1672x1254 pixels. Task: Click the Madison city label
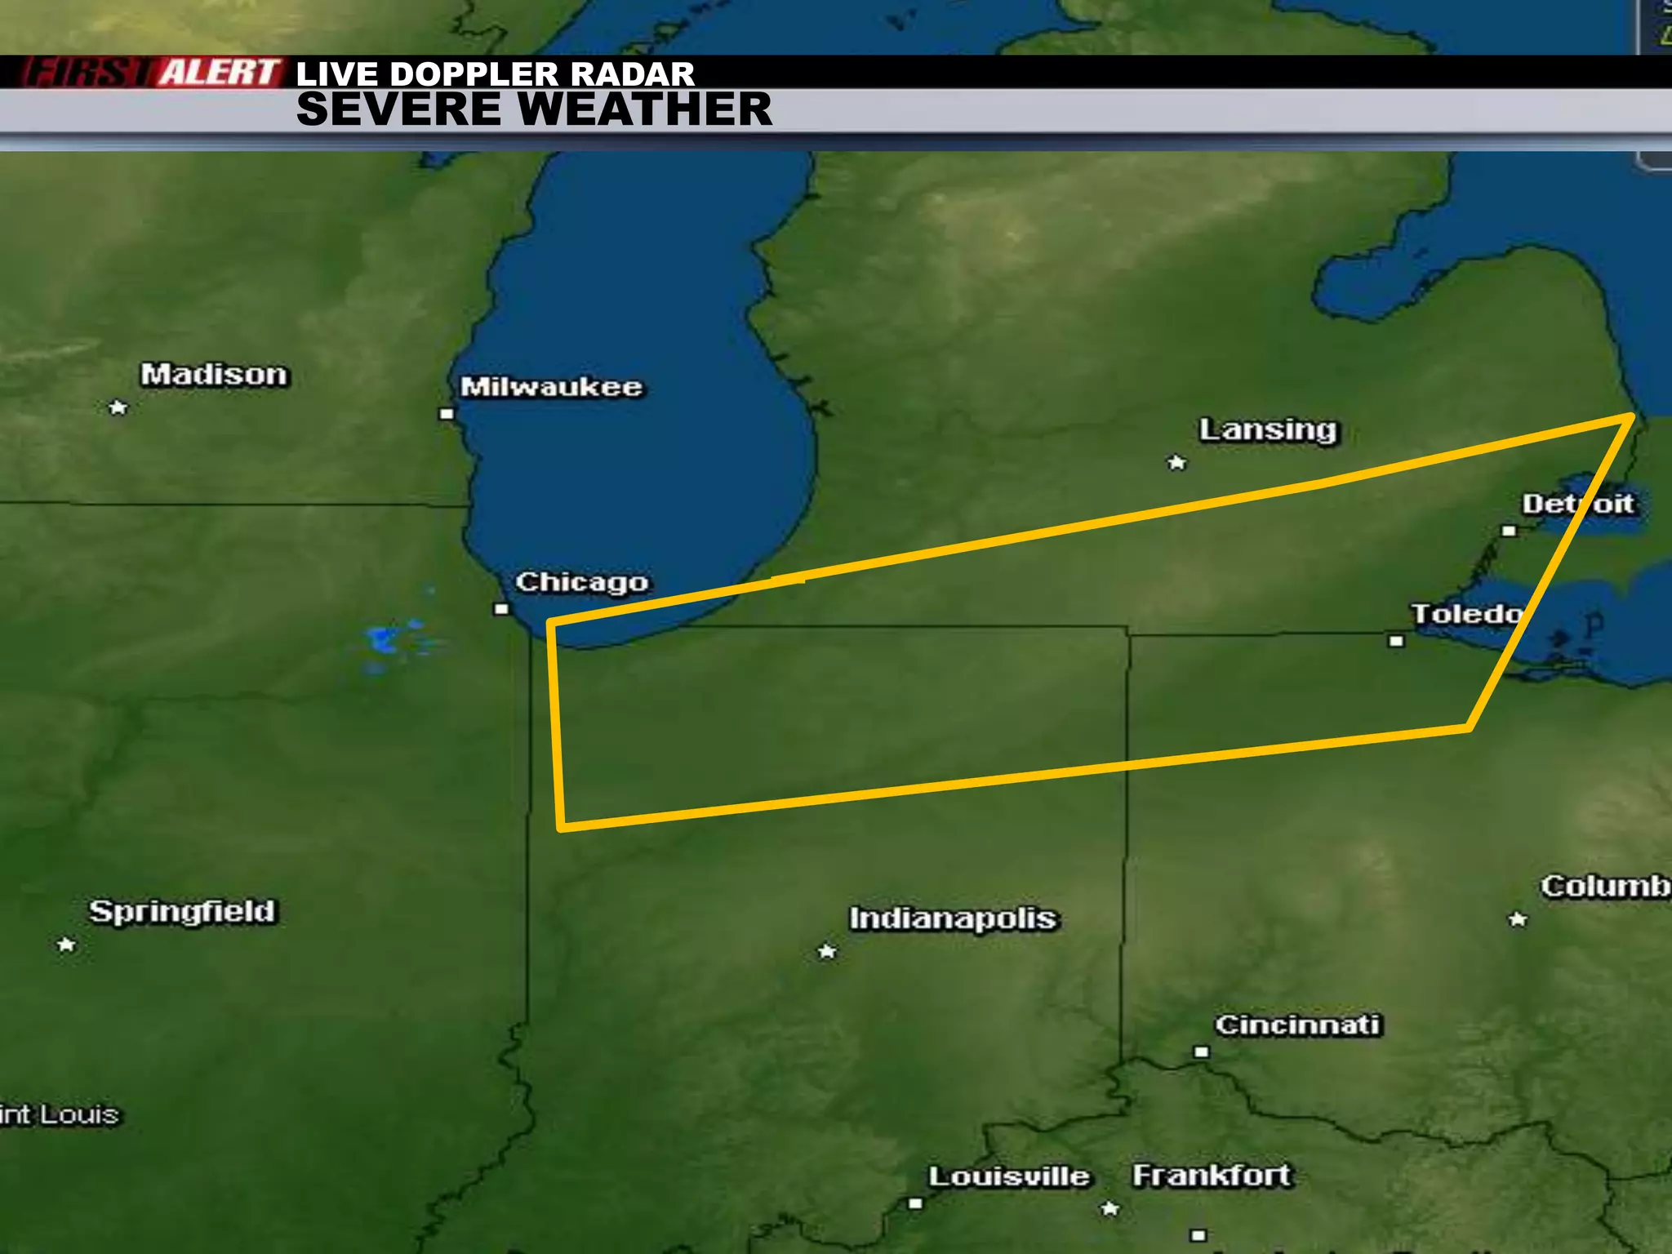click(214, 375)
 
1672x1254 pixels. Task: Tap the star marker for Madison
click(118, 407)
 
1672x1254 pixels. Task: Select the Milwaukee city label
click(552, 386)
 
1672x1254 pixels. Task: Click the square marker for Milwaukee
click(447, 414)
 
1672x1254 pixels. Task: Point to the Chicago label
click(582, 582)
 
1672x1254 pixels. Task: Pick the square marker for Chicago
click(502, 609)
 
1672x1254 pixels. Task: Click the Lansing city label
click(1269, 429)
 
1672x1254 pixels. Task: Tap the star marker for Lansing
click(1176, 463)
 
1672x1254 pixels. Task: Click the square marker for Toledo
click(1396, 641)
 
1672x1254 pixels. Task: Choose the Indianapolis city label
click(953, 918)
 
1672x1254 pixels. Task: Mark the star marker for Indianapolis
click(827, 951)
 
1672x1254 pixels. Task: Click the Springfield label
click(183, 911)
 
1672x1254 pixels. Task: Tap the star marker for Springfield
click(66, 945)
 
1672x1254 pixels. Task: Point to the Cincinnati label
click(1297, 1025)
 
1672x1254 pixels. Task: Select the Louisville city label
click(1009, 1176)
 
